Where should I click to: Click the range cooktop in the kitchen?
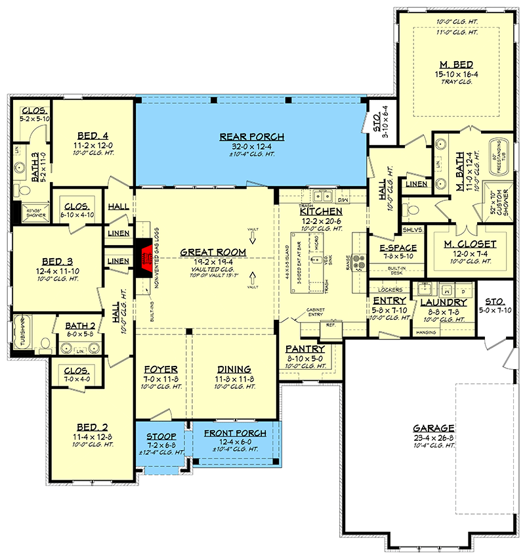[360, 260]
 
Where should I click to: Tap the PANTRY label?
[305, 349]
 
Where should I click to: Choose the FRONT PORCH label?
[235, 434]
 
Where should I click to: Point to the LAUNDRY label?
[444, 302]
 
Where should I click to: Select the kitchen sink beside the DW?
[322, 195]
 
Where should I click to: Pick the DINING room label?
[234, 369]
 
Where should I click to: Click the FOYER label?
[159, 369]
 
